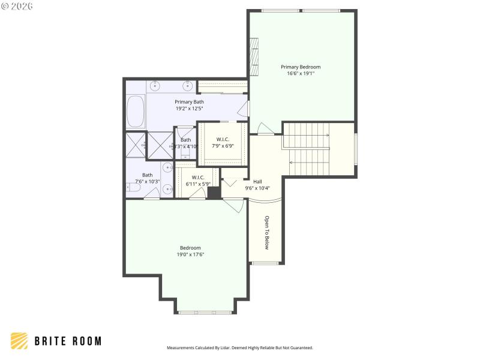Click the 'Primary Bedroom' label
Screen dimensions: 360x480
(x=301, y=67)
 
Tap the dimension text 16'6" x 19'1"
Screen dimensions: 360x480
(x=301, y=73)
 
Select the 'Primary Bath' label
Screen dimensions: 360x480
(x=189, y=102)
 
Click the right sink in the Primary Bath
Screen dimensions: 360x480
(x=188, y=86)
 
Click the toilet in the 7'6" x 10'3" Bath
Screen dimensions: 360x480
(x=133, y=188)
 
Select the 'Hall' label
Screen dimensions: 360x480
(x=257, y=181)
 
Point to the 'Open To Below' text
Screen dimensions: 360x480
(x=267, y=232)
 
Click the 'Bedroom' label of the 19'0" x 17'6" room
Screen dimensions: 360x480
(x=190, y=248)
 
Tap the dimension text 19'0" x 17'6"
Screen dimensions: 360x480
(x=190, y=254)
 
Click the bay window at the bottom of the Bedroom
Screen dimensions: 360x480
(x=205, y=312)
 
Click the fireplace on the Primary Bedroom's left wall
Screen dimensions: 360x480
(x=254, y=57)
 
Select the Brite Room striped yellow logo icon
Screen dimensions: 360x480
(x=19, y=341)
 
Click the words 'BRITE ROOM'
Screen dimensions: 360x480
(x=67, y=341)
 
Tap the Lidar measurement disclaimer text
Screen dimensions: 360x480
(x=239, y=347)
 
